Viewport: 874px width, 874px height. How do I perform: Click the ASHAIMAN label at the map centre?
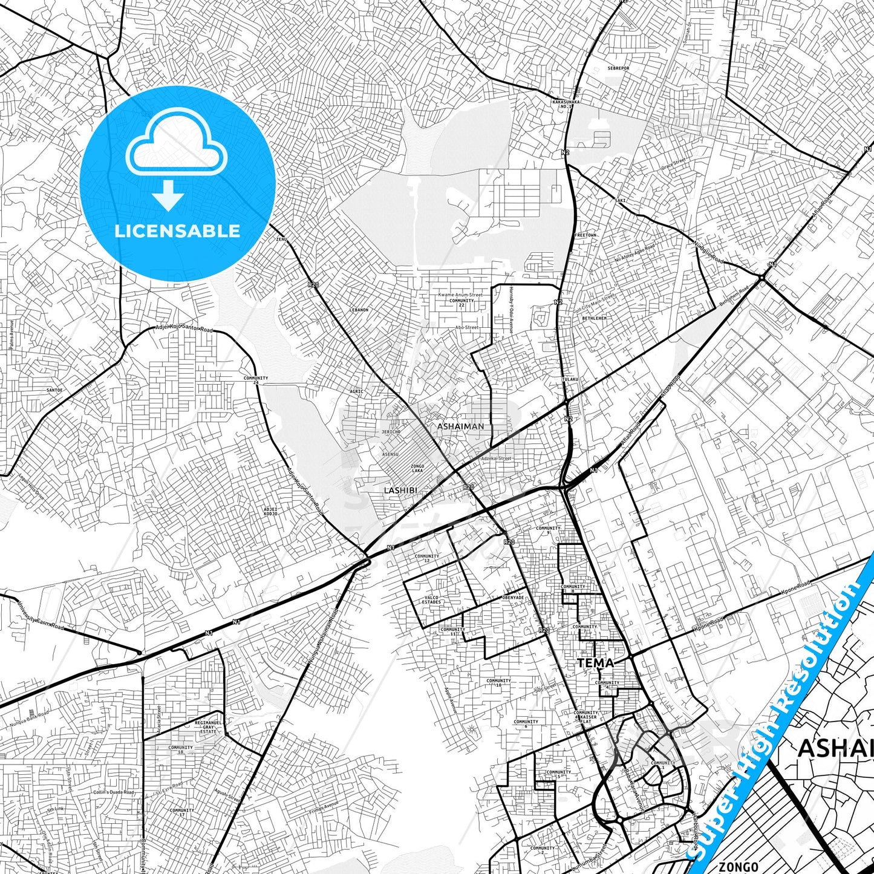coord(461,426)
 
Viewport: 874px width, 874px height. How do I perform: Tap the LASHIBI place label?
coord(400,490)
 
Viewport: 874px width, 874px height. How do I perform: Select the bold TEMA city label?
coord(595,663)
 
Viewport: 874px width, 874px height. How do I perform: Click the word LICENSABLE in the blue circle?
coord(177,231)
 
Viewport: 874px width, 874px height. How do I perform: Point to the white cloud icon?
coord(177,143)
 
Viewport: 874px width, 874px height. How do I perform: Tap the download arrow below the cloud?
coord(168,196)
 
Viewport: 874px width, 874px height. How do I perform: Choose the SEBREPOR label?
coord(618,68)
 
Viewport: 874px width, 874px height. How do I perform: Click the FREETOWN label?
coord(585,235)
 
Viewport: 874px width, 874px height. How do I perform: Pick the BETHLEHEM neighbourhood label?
coord(594,318)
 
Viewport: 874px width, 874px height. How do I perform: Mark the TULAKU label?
coord(570,379)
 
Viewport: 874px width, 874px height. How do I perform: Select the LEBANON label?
coord(359,310)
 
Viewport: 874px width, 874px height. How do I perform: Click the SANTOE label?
coord(54,390)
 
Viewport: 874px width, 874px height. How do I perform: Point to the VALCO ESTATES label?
coord(431,600)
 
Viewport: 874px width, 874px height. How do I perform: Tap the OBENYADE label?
coord(513,598)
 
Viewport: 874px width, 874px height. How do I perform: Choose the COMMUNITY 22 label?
coord(461,302)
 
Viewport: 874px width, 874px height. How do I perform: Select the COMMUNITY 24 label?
coord(256,380)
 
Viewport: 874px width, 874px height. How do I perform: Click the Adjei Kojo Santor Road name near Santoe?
coord(184,328)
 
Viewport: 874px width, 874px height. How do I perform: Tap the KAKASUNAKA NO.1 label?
coord(566,104)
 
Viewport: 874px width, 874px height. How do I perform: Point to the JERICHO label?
coord(391,432)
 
